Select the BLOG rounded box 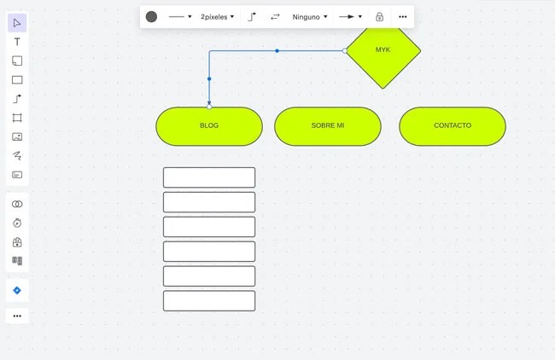click(x=209, y=125)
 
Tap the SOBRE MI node click(x=328, y=125)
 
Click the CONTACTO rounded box click(x=453, y=125)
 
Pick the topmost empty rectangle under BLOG click(x=209, y=177)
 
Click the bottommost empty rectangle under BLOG click(x=209, y=300)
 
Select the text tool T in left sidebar click(x=17, y=42)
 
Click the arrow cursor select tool click(x=17, y=23)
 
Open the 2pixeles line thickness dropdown click(x=218, y=16)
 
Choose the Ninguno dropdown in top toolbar click(x=310, y=16)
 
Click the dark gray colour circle click(x=151, y=16)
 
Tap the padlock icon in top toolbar click(x=380, y=16)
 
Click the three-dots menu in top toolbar click(x=403, y=16)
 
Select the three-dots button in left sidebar click(x=17, y=316)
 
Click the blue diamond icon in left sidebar click(x=17, y=290)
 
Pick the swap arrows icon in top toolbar click(x=275, y=16)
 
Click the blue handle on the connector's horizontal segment click(x=277, y=51)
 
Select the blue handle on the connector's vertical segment click(x=209, y=78)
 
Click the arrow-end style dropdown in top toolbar click(x=350, y=16)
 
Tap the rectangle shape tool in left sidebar click(x=17, y=80)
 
